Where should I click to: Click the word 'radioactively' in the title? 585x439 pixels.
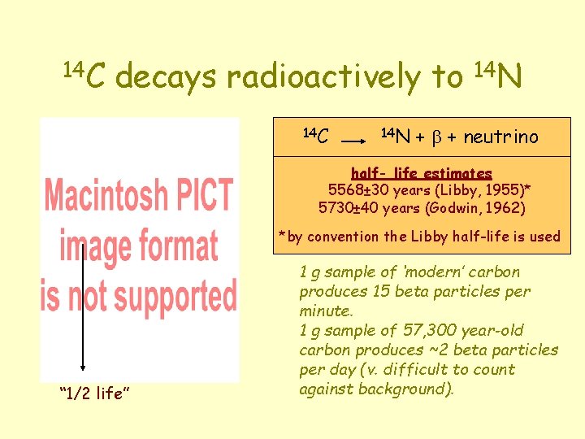[x=323, y=77]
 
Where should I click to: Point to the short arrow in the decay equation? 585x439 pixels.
[x=353, y=141]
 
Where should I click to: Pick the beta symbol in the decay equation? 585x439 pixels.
[x=434, y=138]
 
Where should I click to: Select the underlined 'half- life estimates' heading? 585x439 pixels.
[x=421, y=173]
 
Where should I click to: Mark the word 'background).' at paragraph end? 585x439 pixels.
[x=414, y=389]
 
